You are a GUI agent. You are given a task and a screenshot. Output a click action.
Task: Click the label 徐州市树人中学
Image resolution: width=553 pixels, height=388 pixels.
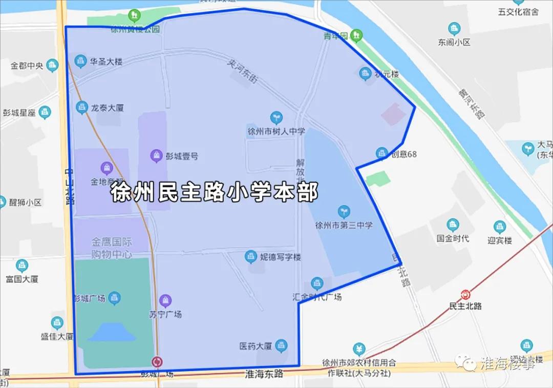276,131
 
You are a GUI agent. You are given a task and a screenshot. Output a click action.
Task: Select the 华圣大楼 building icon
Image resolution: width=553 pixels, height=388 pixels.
80,62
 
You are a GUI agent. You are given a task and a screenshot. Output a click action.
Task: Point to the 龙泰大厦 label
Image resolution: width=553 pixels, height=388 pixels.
107,108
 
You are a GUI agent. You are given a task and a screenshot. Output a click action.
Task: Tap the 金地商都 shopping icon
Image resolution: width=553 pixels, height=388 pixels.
107,167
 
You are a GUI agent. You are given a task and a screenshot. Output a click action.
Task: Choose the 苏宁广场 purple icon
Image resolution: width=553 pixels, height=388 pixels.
165,300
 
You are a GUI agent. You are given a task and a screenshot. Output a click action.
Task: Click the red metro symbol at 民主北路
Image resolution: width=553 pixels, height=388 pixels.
465,295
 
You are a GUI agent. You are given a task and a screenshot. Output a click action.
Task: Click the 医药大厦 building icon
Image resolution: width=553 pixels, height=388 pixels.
281,346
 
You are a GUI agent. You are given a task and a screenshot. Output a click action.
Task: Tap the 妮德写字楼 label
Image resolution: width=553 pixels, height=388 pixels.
280,256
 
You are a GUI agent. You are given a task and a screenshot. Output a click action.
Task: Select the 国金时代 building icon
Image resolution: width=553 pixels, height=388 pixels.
453,225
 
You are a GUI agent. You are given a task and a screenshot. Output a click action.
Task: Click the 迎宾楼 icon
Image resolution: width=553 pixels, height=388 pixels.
500,227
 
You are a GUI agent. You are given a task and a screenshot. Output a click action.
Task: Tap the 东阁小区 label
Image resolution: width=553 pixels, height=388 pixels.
454,43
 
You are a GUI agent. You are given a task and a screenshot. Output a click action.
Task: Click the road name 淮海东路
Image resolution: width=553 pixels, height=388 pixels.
264,374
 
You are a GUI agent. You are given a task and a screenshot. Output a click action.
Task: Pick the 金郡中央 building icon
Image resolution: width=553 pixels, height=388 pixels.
52,65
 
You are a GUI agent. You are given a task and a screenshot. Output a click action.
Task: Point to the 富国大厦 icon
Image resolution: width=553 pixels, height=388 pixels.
22,266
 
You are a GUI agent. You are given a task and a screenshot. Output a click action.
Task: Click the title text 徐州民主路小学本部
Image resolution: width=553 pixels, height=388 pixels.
215,192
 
